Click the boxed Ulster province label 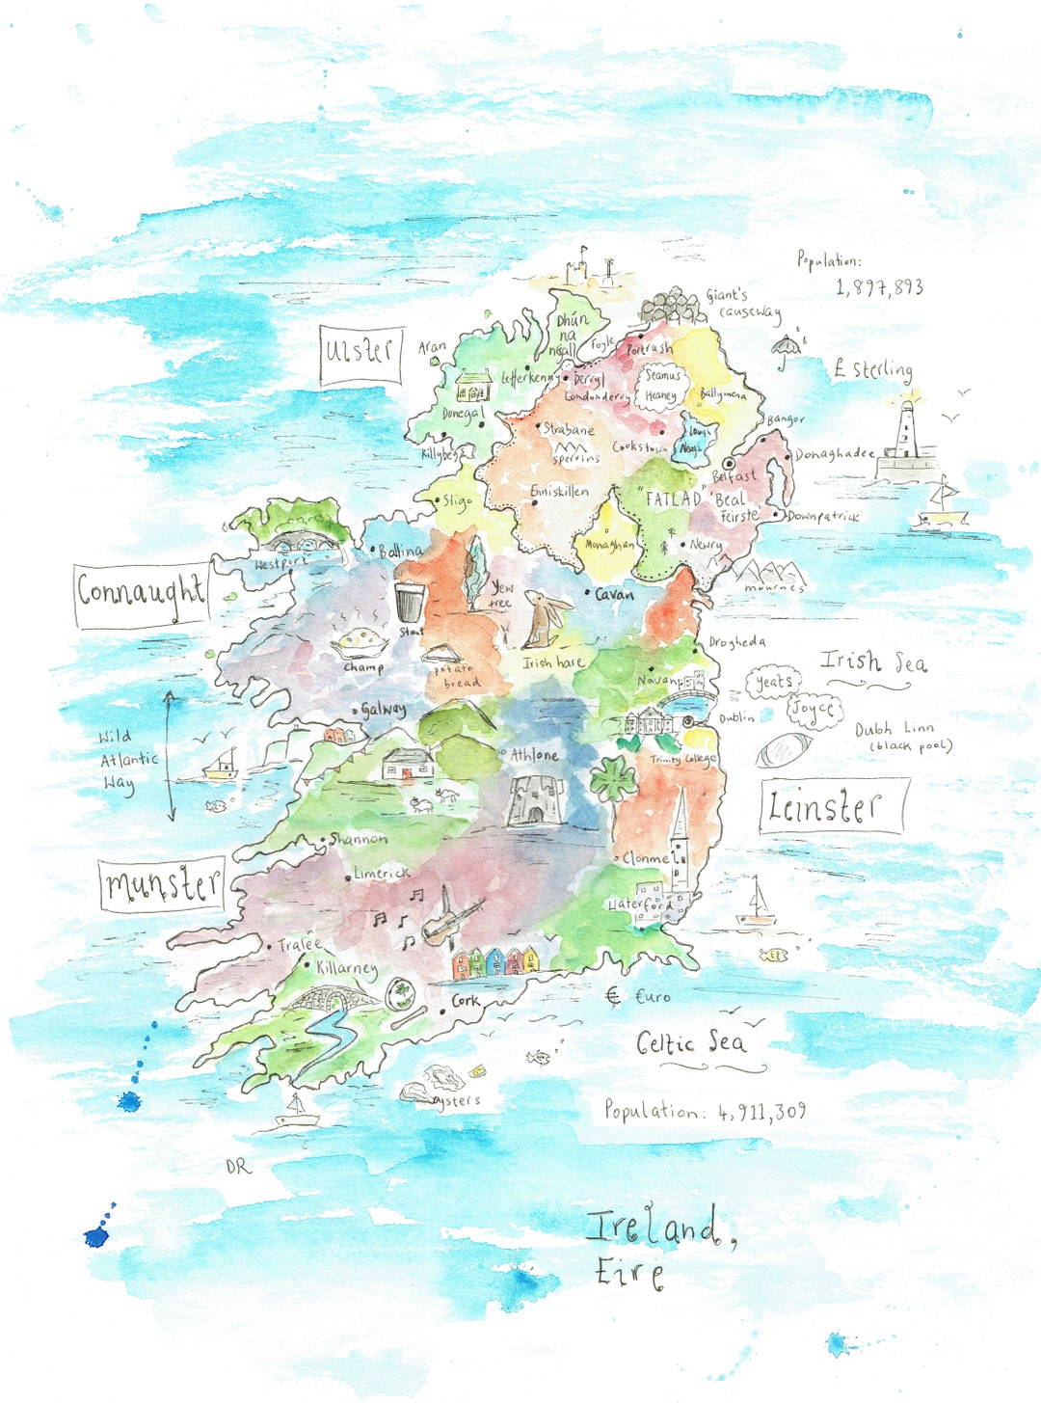(x=360, y=354)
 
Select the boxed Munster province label (x=162, y=884)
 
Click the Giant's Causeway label (x=743, y=304)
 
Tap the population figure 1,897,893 (x=879, y=287)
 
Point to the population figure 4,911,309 (x=761, y=1112)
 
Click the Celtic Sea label (x=691, y=1042)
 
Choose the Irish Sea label (x=873, y=661)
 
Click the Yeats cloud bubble (x=772, y=683)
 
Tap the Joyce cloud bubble (x=814, y=710)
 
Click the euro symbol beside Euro (x=613, y=996)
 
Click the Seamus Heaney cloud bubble (x=662, y=385)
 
